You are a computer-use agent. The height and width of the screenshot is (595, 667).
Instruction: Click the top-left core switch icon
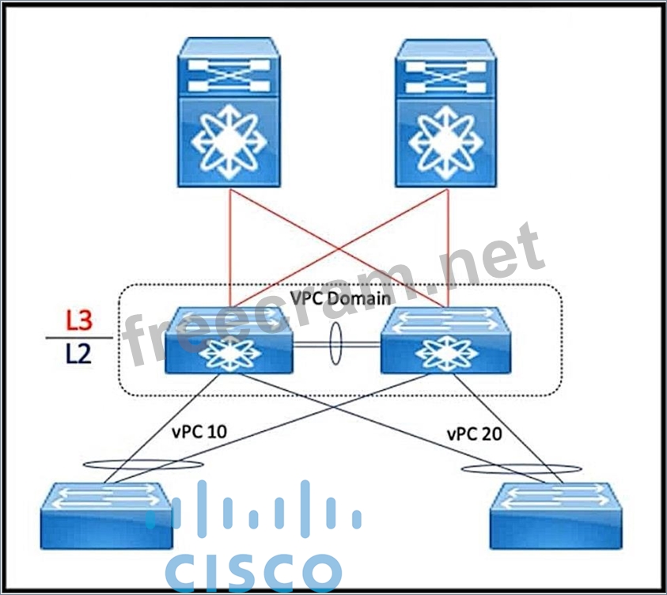(229, 112)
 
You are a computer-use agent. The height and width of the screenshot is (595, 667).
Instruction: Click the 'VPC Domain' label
(340, 299)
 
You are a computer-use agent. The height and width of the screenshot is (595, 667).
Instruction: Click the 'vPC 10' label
(198, 434)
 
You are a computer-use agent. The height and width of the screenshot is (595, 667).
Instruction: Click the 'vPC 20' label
(474, 434)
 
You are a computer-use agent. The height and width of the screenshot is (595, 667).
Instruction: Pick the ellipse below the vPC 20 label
(521, 469)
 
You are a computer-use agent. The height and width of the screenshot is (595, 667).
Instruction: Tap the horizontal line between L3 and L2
(78, 337)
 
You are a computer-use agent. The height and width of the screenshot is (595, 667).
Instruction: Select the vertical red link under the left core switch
(230, 245)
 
